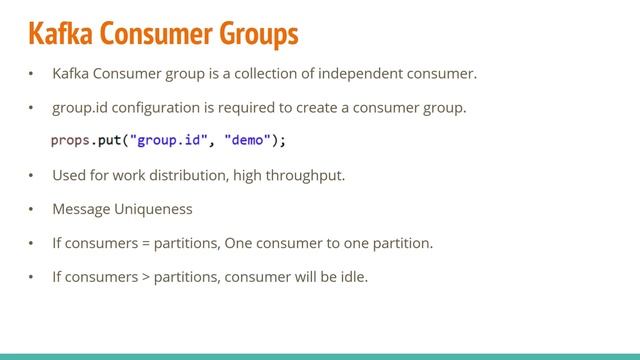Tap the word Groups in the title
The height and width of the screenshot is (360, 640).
pyautogui.click(x=252, y=35)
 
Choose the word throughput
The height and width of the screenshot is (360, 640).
pyautogui.click(x=307, y=176)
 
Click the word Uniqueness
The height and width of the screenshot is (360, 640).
pyautogui.click(x=156, y=210)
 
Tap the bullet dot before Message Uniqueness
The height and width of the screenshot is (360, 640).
pyautogui.click(x=31, y=210)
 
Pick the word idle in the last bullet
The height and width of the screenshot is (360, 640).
pyautogui.click(x=354, y=276)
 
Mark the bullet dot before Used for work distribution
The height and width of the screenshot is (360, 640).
pyautogui.click(x=31, y=176)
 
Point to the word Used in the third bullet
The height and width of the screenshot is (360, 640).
pyautogui.click(x=68, y=176)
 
